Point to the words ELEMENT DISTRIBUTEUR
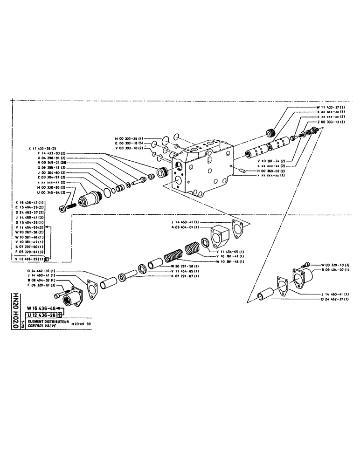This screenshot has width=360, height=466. coord(48,322)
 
